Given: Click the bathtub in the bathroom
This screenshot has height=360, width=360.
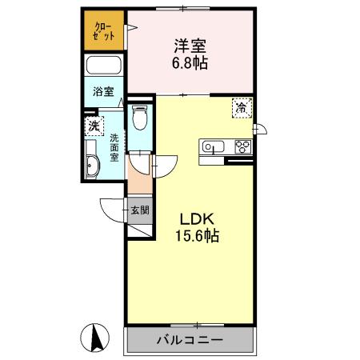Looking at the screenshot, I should pos(103,66).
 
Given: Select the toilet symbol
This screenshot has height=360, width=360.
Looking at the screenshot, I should pos(140,119).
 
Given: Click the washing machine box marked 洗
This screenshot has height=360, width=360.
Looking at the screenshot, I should pos(94,126).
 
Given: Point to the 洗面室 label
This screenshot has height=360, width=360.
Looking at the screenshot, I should pos(114,146).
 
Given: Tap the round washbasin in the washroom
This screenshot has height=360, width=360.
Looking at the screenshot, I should pos(93,166).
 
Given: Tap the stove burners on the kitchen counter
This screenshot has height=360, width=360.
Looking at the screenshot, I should pos(242,146).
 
